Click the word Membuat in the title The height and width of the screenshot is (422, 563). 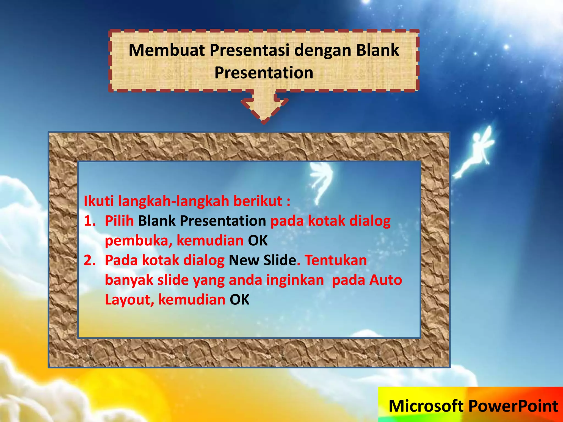[167, 50]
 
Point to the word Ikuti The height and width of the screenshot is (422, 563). [99, 201]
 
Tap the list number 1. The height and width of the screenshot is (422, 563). [89, 221]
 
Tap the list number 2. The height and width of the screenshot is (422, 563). [89, 260]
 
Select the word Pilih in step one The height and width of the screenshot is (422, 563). [119, 221]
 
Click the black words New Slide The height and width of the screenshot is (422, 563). [263, 260]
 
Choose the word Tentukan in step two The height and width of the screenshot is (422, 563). [336, 260]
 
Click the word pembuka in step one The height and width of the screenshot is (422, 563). [139, 241]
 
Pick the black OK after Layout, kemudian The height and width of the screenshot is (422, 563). [239, 299]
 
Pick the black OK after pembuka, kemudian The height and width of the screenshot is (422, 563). [258, 241]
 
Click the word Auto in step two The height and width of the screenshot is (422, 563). [385, 280]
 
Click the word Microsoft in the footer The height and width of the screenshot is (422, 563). [426, 406]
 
